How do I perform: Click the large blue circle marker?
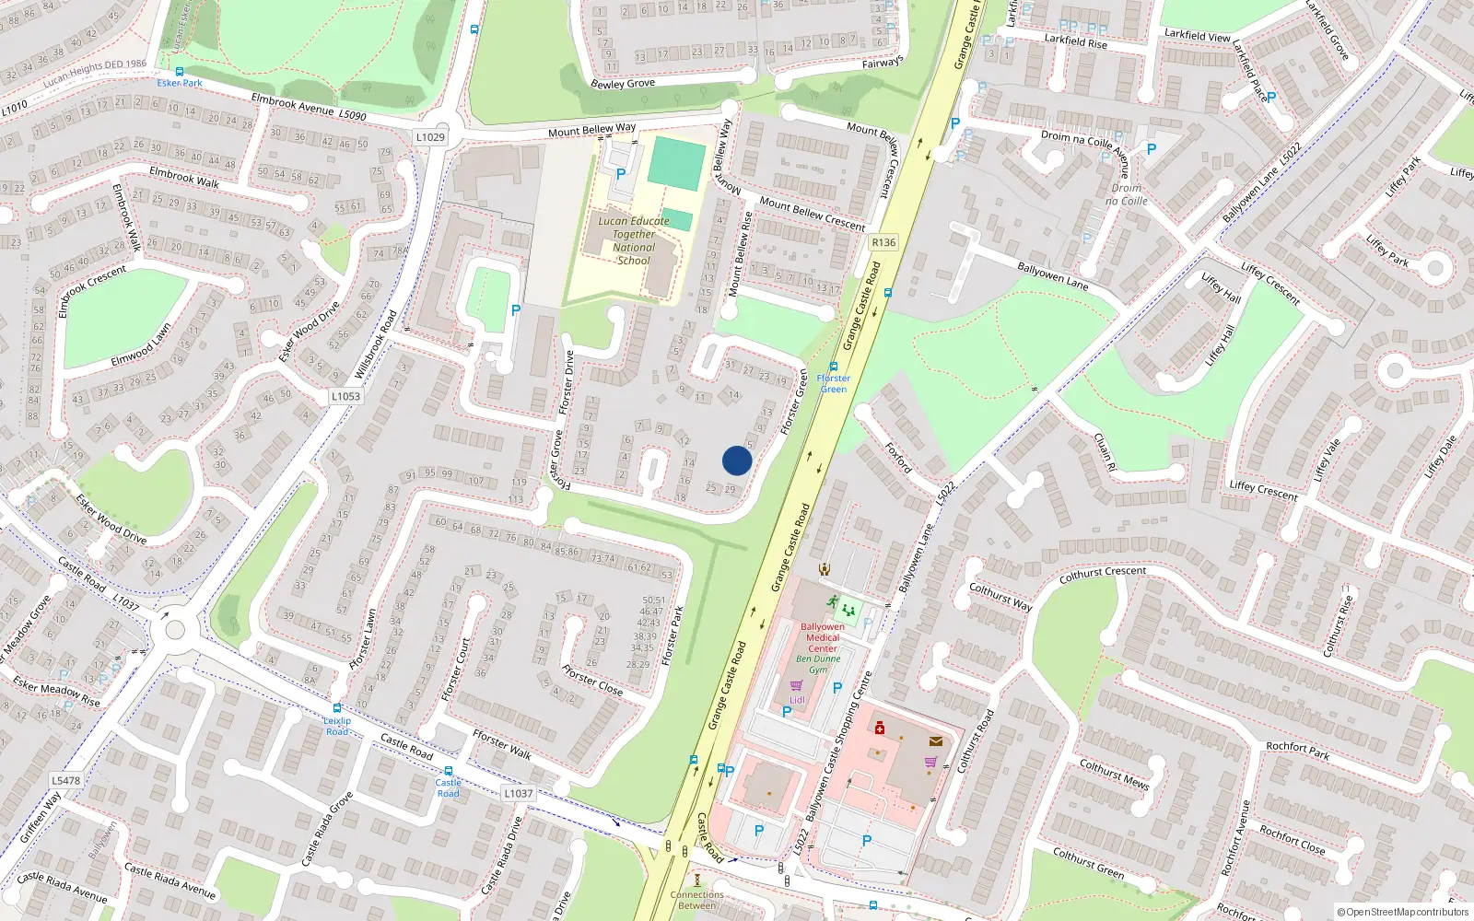737,460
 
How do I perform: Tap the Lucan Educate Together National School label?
634,240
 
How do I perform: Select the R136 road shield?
883,242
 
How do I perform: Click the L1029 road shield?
430,137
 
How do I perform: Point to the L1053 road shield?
345,396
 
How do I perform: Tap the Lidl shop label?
797,700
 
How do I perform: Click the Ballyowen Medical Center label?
823,637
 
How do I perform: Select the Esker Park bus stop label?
180,83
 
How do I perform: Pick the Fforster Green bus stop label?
833,383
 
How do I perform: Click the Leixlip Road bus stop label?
337,726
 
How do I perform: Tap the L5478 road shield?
65,780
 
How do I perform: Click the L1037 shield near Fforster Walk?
518,793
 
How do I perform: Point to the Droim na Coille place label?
1126,194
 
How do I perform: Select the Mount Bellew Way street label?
591,130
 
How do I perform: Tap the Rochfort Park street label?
1297,751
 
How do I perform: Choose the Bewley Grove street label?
623,84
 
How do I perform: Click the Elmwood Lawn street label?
141,345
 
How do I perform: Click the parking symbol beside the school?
621,173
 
